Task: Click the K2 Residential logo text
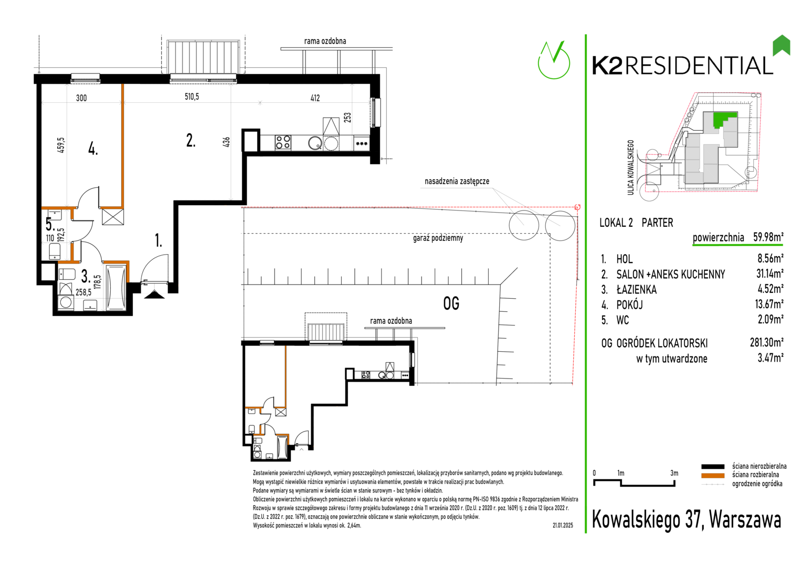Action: click(682, 66)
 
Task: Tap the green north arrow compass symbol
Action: click(554, 60)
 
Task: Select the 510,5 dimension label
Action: click(192, 97)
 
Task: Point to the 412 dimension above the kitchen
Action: click(315, 98)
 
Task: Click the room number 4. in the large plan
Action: click(93, 148)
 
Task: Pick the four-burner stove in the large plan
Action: click(283, 142)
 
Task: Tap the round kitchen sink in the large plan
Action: click(315, 143)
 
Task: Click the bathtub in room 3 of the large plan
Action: click(116, 287)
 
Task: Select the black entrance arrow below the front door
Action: click(154, 295)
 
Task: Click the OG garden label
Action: click(451, 304)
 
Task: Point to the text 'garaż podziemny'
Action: click(438, 238)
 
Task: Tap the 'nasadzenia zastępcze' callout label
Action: click(457, 181)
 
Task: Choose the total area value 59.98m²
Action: click(768, 237)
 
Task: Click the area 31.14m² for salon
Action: click(770, 274)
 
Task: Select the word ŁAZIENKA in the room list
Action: click(637, 289)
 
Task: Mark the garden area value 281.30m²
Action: click(767, 342)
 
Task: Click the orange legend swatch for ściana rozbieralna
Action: click(712, 476)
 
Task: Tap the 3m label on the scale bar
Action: click(674, 473)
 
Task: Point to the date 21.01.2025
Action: click(563, 526)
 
